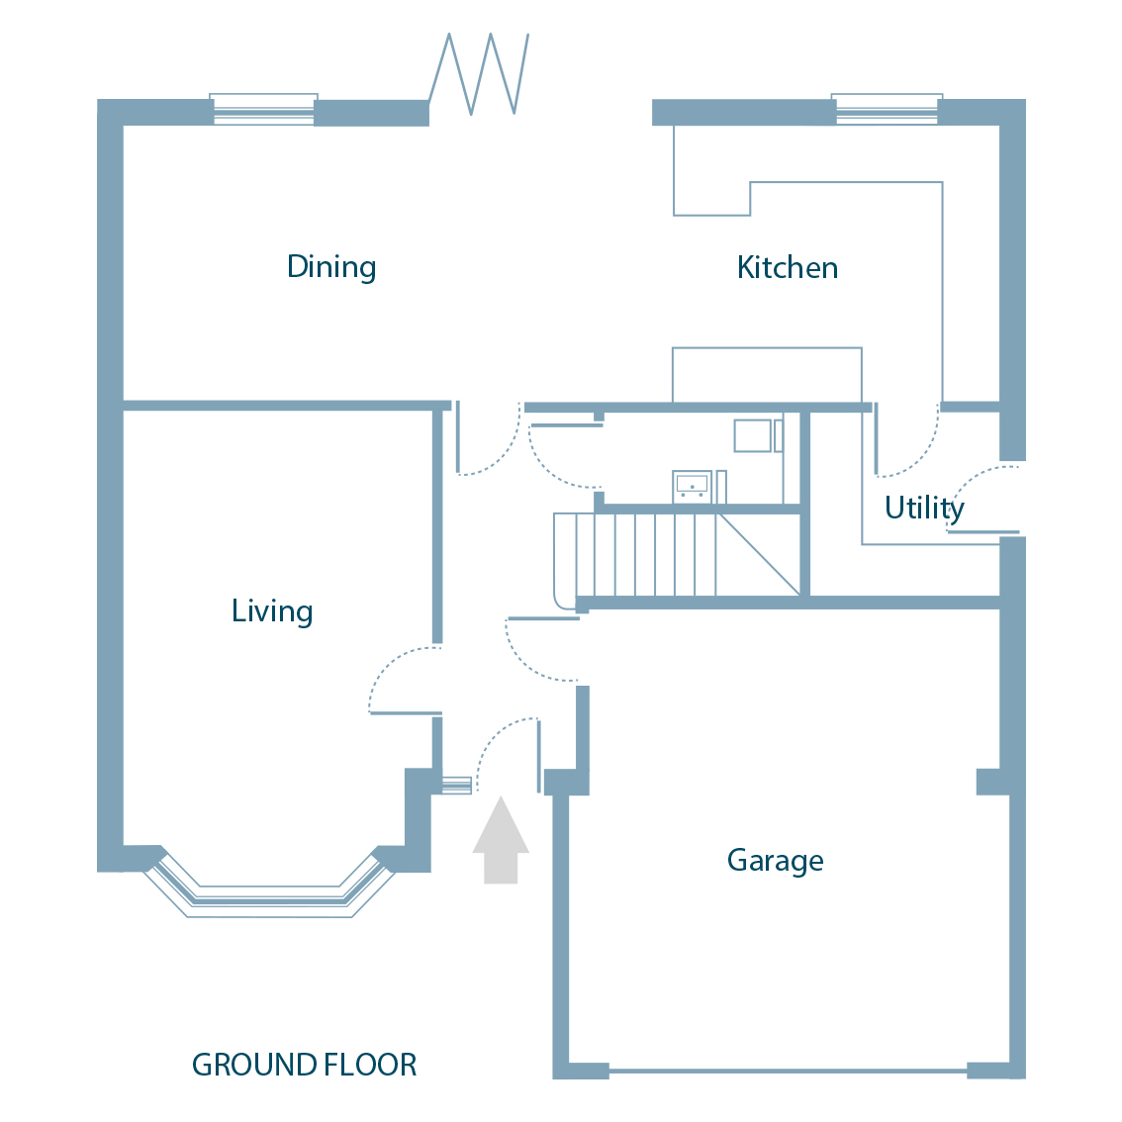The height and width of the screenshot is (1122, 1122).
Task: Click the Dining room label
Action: pos(330,267)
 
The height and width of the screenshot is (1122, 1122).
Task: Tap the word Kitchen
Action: pos(787,268)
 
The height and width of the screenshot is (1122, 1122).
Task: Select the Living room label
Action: pos(272,611)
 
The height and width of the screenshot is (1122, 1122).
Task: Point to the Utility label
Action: pos(923,508)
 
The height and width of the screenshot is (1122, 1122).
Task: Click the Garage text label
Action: pos(775,861)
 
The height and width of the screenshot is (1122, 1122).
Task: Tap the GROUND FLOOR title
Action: pos(304,1065)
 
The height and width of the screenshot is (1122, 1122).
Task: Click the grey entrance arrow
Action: pos(501,841)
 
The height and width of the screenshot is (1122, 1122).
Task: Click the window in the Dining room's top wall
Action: pos(263,109)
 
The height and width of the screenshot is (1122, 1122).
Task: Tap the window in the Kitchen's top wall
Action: pos(887,109)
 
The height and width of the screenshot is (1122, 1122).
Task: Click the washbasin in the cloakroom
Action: pos(692,486)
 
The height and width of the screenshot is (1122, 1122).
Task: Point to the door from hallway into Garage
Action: pos(539,648)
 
